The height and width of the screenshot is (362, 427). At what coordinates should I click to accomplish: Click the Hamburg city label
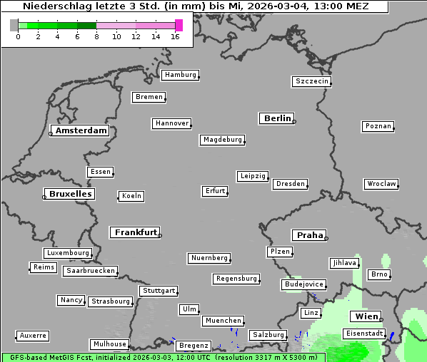(x=180, y=75)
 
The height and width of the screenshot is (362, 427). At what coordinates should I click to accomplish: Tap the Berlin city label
(x=277, y=118)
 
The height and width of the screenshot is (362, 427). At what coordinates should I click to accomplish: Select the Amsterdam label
(x=81, y=131)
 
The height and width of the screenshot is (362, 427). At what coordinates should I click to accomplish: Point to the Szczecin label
(x=311, y=81)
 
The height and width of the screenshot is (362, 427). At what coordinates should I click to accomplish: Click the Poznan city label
(x=378, y=126)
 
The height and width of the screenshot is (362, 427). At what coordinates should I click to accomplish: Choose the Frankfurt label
(x=136, y=232)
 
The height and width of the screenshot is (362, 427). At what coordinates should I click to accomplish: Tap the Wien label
(x=365, y=316)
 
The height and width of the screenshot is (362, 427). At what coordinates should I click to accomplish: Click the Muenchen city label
(x=223, y=321)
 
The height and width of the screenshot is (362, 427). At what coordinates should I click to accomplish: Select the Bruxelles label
(x=69, y=194)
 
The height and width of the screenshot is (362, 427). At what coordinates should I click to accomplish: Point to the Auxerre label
(x=33, y=335)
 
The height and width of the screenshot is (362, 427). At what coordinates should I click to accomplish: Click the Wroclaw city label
(x=381, y=184)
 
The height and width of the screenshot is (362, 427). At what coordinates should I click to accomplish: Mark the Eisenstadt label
(x=364, y=333)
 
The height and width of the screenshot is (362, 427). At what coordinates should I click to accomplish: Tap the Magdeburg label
(x=222, y=140)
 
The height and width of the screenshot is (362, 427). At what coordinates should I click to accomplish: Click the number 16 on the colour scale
(x=175, y=37)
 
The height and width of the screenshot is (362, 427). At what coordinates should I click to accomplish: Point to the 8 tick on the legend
(x=96, y=37)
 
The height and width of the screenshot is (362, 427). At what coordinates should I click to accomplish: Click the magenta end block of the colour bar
(x=179, y=25)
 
